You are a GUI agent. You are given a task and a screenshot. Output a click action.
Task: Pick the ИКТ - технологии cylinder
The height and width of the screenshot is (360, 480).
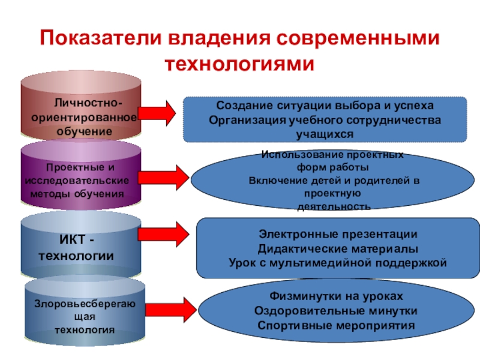click(x=81, y=246)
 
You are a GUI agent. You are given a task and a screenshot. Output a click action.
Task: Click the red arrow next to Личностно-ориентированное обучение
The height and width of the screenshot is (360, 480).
click(x=157, y=111)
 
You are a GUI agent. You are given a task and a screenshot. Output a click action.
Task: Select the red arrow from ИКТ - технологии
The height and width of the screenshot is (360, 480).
click(x=163, y=234)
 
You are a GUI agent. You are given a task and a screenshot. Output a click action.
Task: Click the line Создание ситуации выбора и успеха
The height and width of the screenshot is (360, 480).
click(x=325, y=106)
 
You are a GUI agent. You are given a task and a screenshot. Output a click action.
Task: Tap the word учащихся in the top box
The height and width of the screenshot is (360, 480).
click(x=325, y=131)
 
